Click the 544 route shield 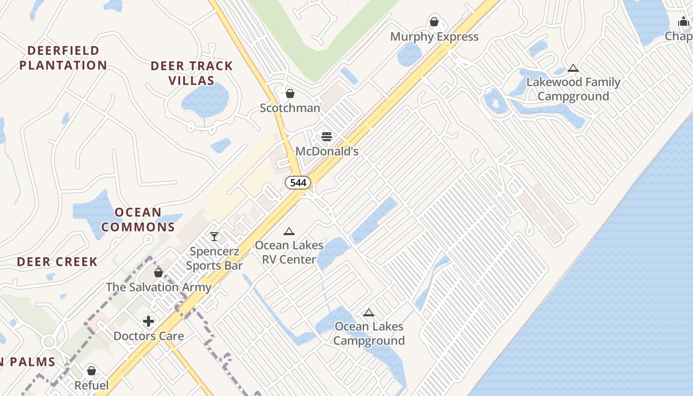click(x=298, y=183)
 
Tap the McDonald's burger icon click(x=327, y=136)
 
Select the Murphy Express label click(x=434, y=37)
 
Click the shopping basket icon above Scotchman click(x=290, y=93)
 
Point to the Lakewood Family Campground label click(x=573, y=89)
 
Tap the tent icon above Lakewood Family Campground click(x=573, y=68)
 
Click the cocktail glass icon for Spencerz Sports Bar click(x=214, y=237)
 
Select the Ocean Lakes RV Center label click(x=289, y=252)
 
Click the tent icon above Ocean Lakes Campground click(x=368, y=312)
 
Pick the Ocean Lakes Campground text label click(x=369, y=334)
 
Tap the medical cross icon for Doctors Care click(x=148, y=322)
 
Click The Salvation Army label click(x=158, y=287)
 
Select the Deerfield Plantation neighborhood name click(x=63, y=58)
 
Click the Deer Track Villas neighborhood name click(x=192, y=73)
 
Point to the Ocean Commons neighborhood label click(x=138, y=220)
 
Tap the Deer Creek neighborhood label click(x=57, y=262)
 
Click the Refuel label click(x=92, y=385)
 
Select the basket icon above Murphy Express click(x=434, y=22)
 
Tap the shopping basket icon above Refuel click(x=92, y=371)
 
